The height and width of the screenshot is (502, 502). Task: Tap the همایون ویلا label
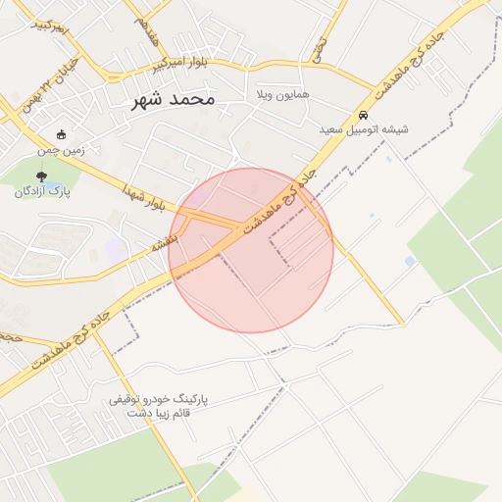tap(281, 95)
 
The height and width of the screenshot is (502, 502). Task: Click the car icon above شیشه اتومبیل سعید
tap(364, 114)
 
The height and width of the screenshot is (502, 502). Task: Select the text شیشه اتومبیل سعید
tap(364, 128)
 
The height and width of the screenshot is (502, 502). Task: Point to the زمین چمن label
tap(62, 150)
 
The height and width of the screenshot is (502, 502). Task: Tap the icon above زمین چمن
tap(62, 135)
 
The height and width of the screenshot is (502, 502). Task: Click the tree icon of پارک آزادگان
tap(40, 176)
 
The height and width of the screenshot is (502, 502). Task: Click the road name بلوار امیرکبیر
tap(179, 64)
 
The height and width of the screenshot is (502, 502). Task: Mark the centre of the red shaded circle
tap(251, 250)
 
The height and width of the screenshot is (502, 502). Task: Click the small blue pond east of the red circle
tap(409, 261)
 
